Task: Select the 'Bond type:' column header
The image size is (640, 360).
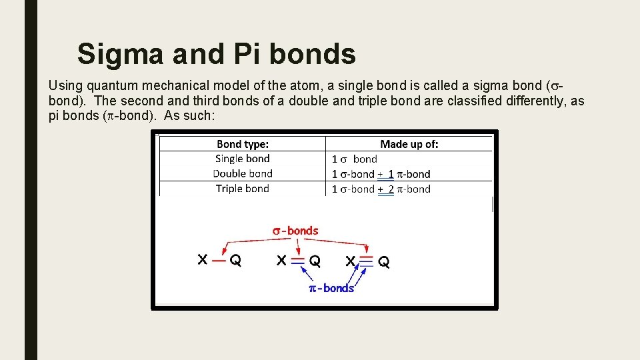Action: pos(243,144)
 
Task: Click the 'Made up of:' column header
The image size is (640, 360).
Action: pos(409,144)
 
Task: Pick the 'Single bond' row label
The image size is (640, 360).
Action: pos(243,159)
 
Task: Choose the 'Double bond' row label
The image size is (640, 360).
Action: pos(243,173)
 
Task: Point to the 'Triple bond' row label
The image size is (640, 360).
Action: pos(243,189)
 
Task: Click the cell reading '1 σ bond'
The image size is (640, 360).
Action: pos(355,159)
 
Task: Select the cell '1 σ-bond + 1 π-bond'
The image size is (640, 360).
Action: pos(381,174)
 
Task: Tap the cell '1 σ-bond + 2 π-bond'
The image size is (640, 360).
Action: pos(381,189)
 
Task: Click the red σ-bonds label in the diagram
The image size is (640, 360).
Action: pos(295,231)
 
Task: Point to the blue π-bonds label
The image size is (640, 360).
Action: pos(331,288)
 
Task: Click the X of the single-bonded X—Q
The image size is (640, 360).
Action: pos(203,259)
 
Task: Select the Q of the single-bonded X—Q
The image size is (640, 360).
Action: pos(235,260)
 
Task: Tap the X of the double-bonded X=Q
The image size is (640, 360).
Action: pos(282,260)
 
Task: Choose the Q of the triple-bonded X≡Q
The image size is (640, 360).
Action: pos(384,261)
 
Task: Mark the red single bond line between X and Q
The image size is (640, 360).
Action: pos(219,260)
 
